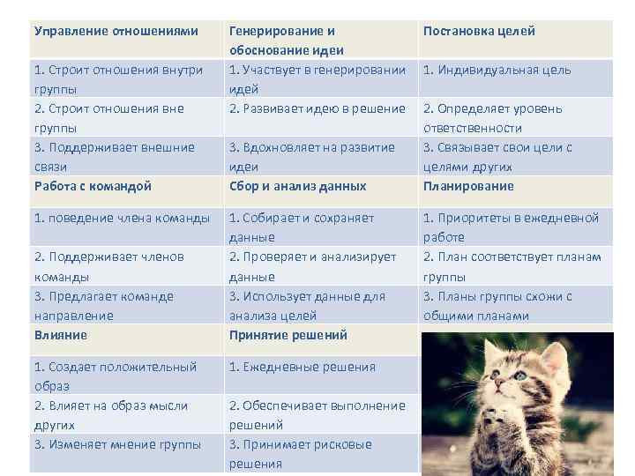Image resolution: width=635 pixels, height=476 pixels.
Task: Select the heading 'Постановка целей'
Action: pos(479,31)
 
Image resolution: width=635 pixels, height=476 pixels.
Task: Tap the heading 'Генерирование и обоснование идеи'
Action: pos(287,41)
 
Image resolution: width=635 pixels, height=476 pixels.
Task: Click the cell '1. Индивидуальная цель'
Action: pos(497,71)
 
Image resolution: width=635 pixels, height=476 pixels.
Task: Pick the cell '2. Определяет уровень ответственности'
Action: pos(492,118)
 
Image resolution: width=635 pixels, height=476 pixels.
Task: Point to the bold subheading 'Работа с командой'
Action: pos(93,186)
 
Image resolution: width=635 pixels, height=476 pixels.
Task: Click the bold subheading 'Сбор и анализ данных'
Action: pos(297,186)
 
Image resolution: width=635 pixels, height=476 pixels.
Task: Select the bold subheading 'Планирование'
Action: pos(468,186)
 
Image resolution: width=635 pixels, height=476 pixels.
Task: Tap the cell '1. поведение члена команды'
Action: pos(122,218)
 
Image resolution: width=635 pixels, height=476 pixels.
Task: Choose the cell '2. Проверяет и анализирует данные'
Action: pos(312,266)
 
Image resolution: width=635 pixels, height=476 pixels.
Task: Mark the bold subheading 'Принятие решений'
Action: pos(288,335)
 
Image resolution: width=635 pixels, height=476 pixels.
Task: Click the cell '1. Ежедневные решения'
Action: pos(302,367)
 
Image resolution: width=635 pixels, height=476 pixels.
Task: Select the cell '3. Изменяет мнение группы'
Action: pos(117,444)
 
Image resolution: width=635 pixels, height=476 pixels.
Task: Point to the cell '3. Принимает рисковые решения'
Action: pos(300,454)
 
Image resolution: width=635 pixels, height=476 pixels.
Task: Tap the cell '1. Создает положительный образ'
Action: pos(115,376)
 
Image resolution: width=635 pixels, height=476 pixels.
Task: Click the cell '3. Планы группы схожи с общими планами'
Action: pos(497,306)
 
